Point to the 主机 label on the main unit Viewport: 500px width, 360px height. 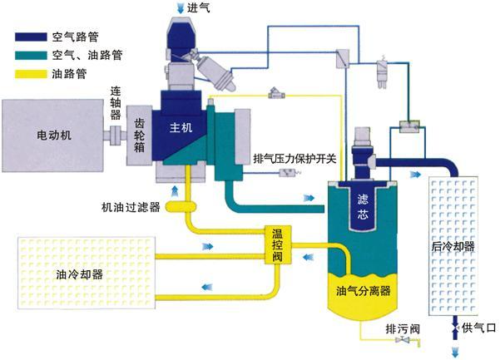(181, 129)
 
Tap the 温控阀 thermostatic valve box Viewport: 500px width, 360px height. (278, 245)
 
